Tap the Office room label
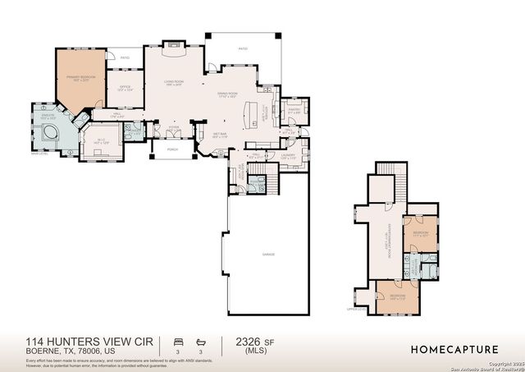(126, 88)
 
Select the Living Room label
(172, 83)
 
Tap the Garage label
(268, 255)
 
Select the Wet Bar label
(220, 135)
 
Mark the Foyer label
(174, 127)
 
